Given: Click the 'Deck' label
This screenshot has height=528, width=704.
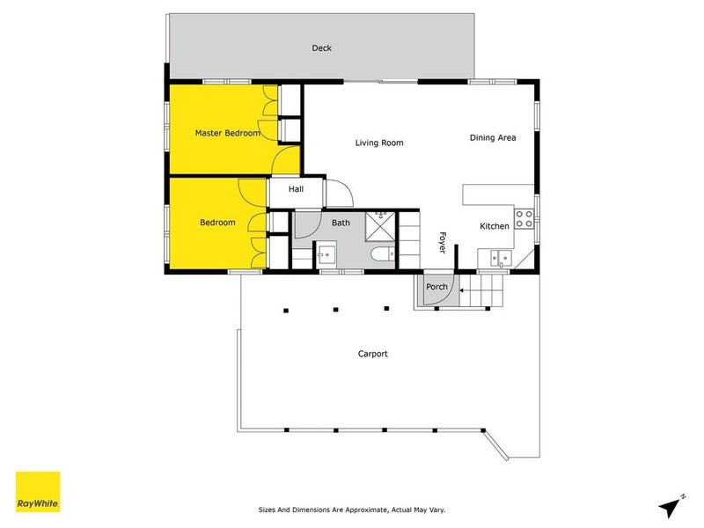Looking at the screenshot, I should (321, 48).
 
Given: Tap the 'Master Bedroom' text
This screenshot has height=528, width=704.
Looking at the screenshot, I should (227, 133).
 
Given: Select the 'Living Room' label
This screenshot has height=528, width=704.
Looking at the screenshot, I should (379, 143).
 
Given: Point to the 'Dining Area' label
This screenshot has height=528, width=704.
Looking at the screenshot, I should (492, 137).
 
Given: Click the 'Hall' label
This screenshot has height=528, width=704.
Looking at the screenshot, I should (296, 189).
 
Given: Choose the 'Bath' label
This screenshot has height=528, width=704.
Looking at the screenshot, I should (341, 223).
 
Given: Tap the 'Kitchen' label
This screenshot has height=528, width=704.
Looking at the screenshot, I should (494, 226).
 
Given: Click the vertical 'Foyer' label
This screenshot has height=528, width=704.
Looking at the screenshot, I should (443, 241).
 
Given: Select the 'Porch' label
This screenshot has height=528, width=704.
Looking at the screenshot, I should (437, 287).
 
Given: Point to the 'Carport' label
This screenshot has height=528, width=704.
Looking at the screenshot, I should (372, 354).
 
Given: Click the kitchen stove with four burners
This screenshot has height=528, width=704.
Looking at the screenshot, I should (525, 218).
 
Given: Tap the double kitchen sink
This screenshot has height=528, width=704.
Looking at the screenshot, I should (500, 258).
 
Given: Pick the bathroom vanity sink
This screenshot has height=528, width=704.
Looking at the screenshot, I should (326, 256).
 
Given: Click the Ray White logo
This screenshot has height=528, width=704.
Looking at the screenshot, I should (38, 492).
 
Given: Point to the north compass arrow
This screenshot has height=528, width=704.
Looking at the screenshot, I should (672, 505).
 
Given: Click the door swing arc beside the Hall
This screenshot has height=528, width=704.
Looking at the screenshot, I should (341, 191).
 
